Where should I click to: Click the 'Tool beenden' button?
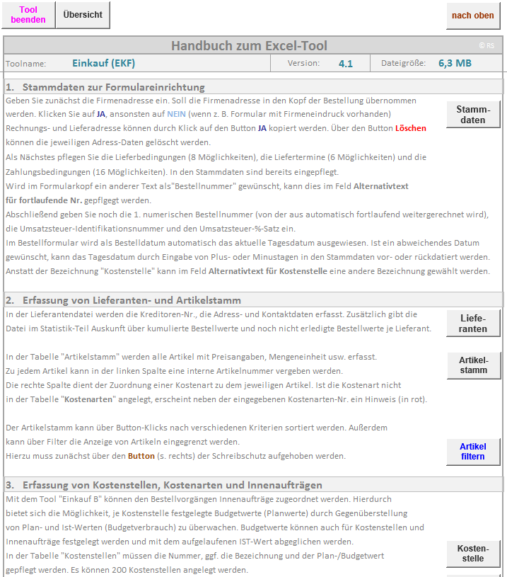(28, 15)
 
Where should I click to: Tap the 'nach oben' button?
(473, 16)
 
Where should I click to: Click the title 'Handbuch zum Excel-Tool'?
(249, 46)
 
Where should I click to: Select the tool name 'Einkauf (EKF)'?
(103, 63)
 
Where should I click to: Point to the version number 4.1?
(345, 64)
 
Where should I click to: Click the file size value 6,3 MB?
(455, 63)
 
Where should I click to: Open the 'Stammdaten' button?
(473, 115)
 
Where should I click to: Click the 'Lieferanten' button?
(473, 324)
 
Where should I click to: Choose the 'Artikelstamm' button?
(473, 365)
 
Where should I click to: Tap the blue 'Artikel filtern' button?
(473, 452)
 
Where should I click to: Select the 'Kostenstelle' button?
(473, 554)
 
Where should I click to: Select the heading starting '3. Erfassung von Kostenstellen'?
(163, 485)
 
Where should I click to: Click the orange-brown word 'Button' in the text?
(141, 456)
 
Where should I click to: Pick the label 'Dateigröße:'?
(403, 64)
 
